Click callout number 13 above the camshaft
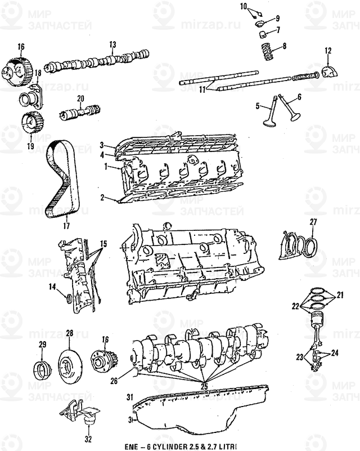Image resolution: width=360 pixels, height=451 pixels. pyautogui.click(x=112, y=44)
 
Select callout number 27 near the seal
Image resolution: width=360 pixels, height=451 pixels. pyautogui.click(x=313, y=221)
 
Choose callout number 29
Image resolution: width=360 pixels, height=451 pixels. pyautogui.click(x=42, y=344)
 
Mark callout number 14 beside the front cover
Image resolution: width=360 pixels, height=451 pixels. pyautogui.click(x=52, y=287)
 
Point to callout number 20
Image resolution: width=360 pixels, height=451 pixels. pyautogui.click(x=80, y=99)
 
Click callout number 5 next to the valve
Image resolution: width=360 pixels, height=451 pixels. pyautogui.click(x=258, y=106)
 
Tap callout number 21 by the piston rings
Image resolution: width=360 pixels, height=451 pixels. pyautogui.click(x=340, y=294)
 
